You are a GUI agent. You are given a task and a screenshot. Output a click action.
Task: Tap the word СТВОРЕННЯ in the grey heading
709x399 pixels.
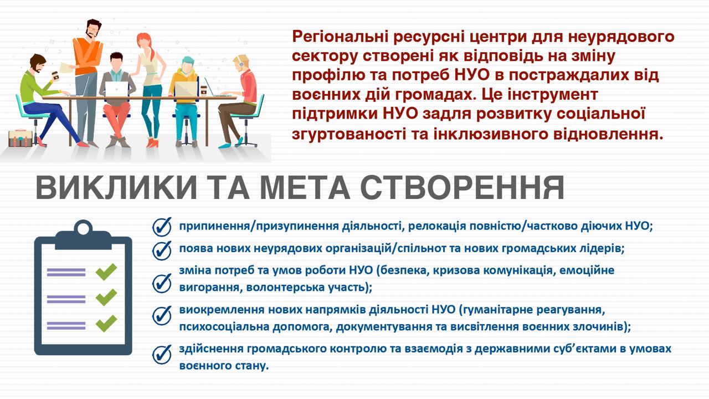point(463,187)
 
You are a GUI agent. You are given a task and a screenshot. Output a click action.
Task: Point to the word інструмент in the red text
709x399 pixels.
point(553,95)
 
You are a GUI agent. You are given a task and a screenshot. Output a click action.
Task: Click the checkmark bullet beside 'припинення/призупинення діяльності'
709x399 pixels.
point(162,227)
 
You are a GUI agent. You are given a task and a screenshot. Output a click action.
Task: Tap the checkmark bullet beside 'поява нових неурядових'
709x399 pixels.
point(162,250)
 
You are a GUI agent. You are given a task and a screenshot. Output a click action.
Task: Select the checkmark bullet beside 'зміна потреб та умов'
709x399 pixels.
point(162,283)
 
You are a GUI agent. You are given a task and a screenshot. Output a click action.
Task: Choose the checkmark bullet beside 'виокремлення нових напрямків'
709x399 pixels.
point(162,315)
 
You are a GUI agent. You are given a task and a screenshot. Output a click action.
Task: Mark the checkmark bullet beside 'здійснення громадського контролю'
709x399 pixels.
point(162,354)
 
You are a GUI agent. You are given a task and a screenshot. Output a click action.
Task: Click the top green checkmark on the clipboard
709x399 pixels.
point(106,272)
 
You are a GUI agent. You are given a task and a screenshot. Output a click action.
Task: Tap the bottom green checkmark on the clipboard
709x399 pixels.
point(106,323)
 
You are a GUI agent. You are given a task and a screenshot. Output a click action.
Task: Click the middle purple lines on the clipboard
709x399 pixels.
point(66,299)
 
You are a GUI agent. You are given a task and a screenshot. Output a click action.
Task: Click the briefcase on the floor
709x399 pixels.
point(20,138)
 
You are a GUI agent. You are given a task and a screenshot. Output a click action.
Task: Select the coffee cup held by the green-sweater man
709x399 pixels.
point(55,76)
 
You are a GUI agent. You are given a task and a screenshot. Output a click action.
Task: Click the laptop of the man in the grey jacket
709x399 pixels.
point(116,89)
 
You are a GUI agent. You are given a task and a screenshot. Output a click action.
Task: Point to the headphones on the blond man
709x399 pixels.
point(241,62)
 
